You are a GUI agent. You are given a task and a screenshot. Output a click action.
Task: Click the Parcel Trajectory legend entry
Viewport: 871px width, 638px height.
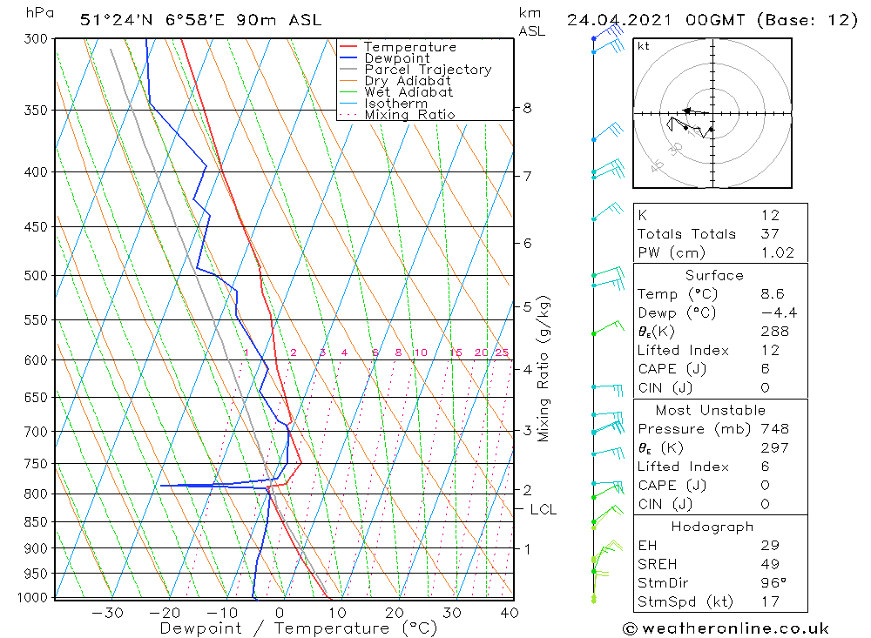[427, 70]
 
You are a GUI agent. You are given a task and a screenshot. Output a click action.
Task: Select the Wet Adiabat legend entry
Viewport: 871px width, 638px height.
[408, 92]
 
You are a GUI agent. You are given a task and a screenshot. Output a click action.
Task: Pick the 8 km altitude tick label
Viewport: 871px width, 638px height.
[527, 108]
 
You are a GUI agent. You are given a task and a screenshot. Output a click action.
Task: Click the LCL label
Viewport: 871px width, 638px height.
[543, 509]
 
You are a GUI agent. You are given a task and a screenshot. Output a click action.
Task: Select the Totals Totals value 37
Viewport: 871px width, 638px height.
[769, 234]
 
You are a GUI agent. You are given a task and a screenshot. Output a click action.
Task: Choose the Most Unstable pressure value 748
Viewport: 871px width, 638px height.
[774, 429]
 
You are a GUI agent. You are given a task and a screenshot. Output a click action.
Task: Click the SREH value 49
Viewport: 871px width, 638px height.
[769, 564]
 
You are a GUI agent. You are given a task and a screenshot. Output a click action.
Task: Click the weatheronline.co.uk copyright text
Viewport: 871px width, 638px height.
[726, 628]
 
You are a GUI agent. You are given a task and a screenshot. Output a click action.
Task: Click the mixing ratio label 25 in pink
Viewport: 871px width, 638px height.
[502, 353]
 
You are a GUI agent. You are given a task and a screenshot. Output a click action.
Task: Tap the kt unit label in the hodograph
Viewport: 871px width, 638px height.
[644, 47]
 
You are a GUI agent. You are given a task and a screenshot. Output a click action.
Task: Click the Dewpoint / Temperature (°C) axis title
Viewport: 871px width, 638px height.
[298, 628]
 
